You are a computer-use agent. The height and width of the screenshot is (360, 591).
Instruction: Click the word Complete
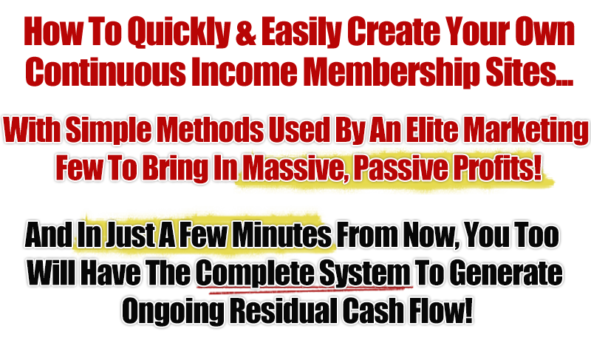click(238, 274)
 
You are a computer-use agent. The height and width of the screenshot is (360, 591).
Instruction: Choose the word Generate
click(508, 274)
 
